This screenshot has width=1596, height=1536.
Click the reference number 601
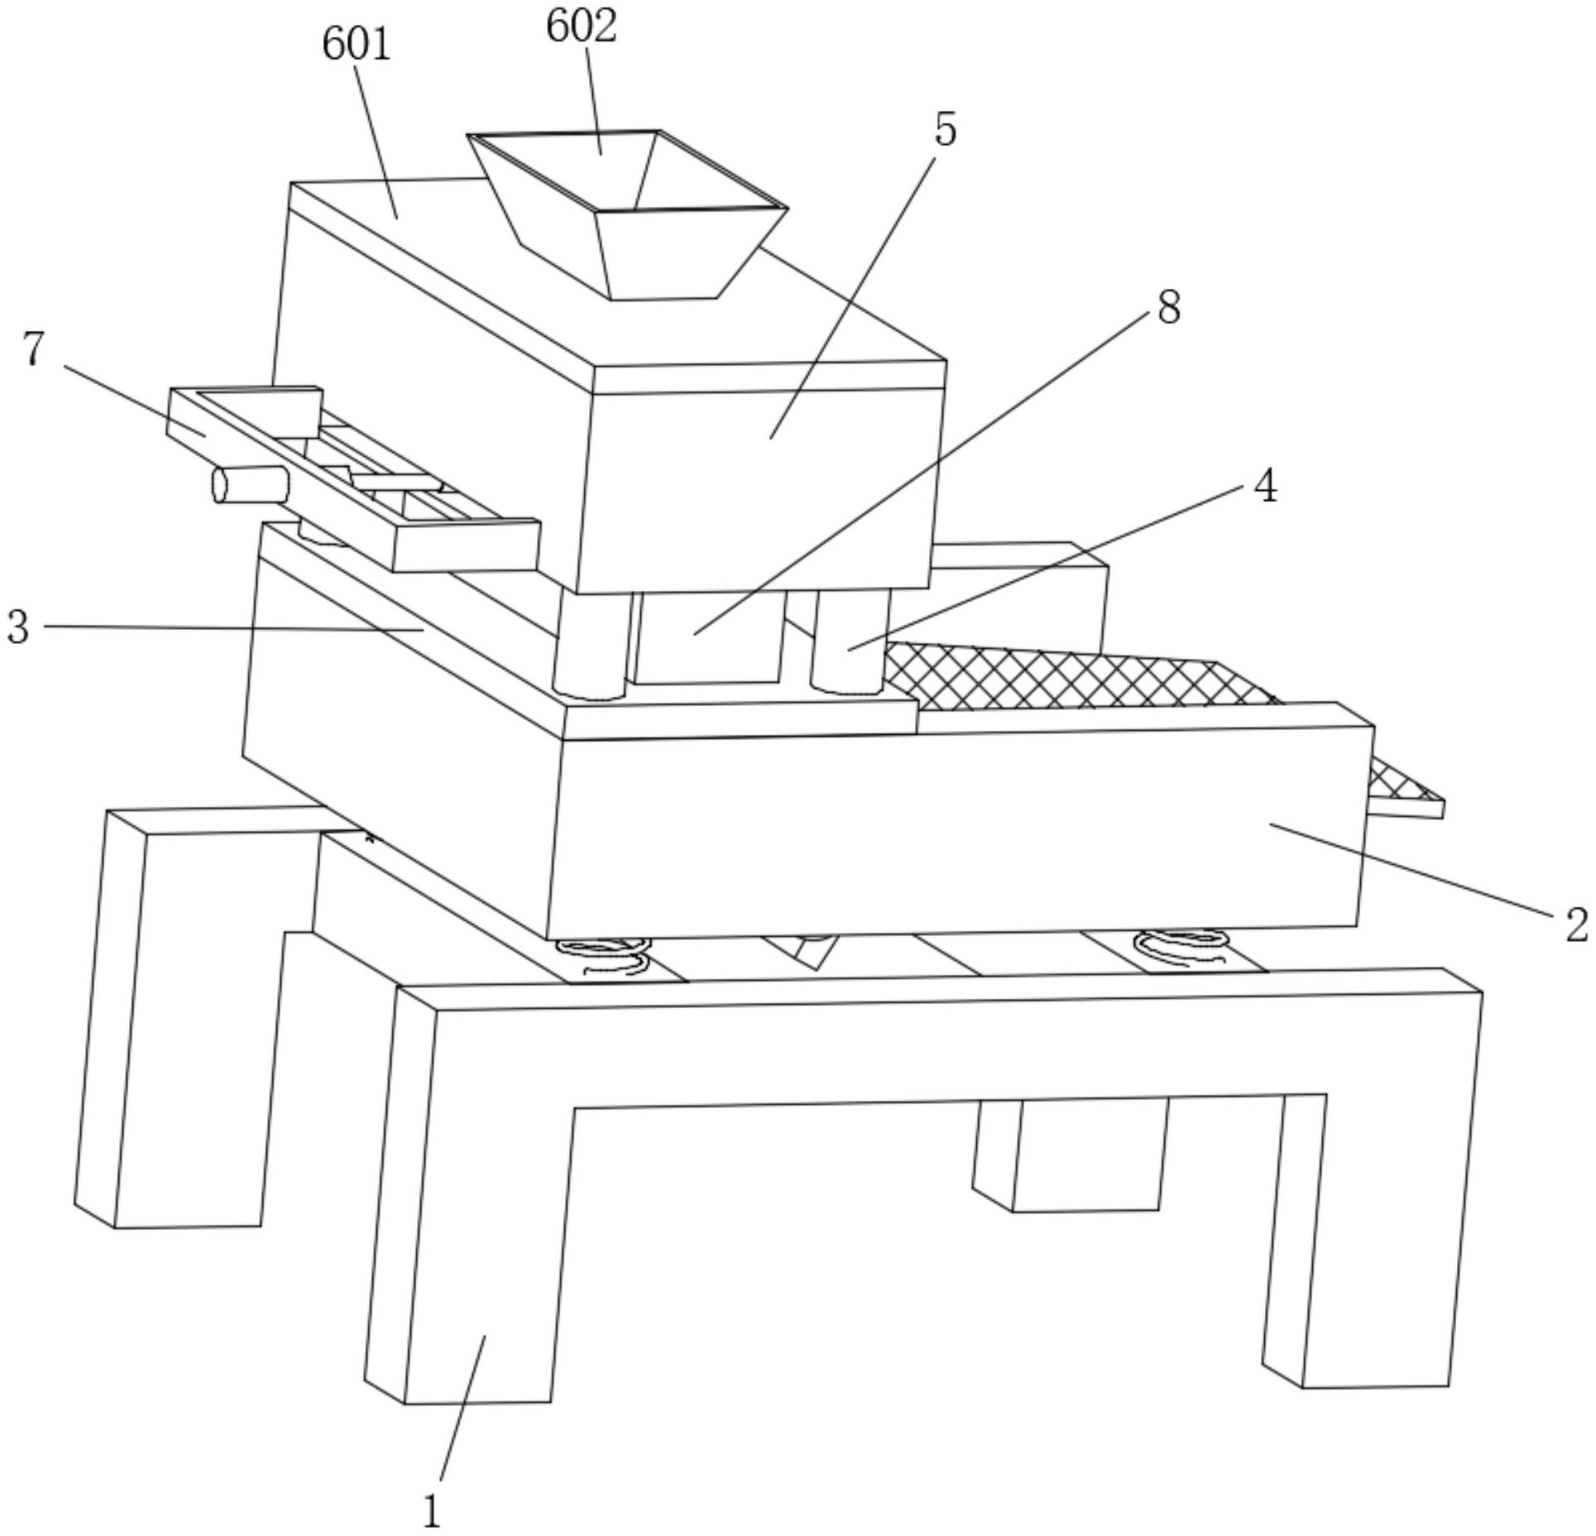point(356,44)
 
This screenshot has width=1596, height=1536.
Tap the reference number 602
point(581,26)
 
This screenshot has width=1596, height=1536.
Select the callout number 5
point(945,130)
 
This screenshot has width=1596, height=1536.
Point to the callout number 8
point(1168,308)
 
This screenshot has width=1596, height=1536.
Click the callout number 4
point(1265,487)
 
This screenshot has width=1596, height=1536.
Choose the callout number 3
point(18,626)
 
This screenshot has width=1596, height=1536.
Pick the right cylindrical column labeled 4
point(849,641)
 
